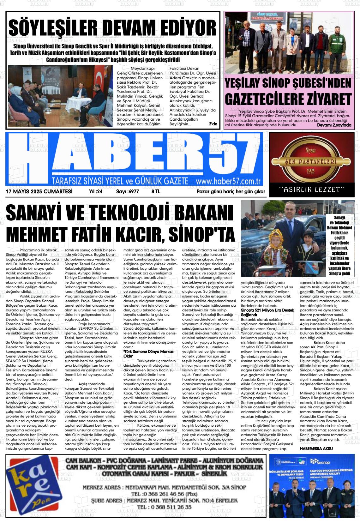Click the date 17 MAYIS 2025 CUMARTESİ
point(39,191)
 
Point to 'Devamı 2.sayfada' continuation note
point(334,125)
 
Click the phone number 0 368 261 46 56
point(161,494)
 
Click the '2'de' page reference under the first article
point(213,124)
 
